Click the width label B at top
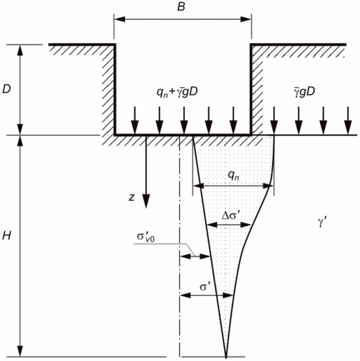(x=181, y=7)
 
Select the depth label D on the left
(x=7, y=89)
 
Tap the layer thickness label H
(x=7, y=236)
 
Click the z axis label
(x=132, y=197)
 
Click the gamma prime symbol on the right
(x=322, y=223)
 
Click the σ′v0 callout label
(x=146, y=237)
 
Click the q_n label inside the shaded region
(x=234, y=176)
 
